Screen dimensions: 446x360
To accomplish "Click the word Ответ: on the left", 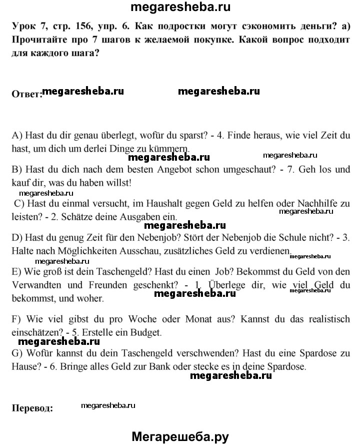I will click(26, 95).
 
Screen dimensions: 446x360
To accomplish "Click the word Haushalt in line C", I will click(177, 204).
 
